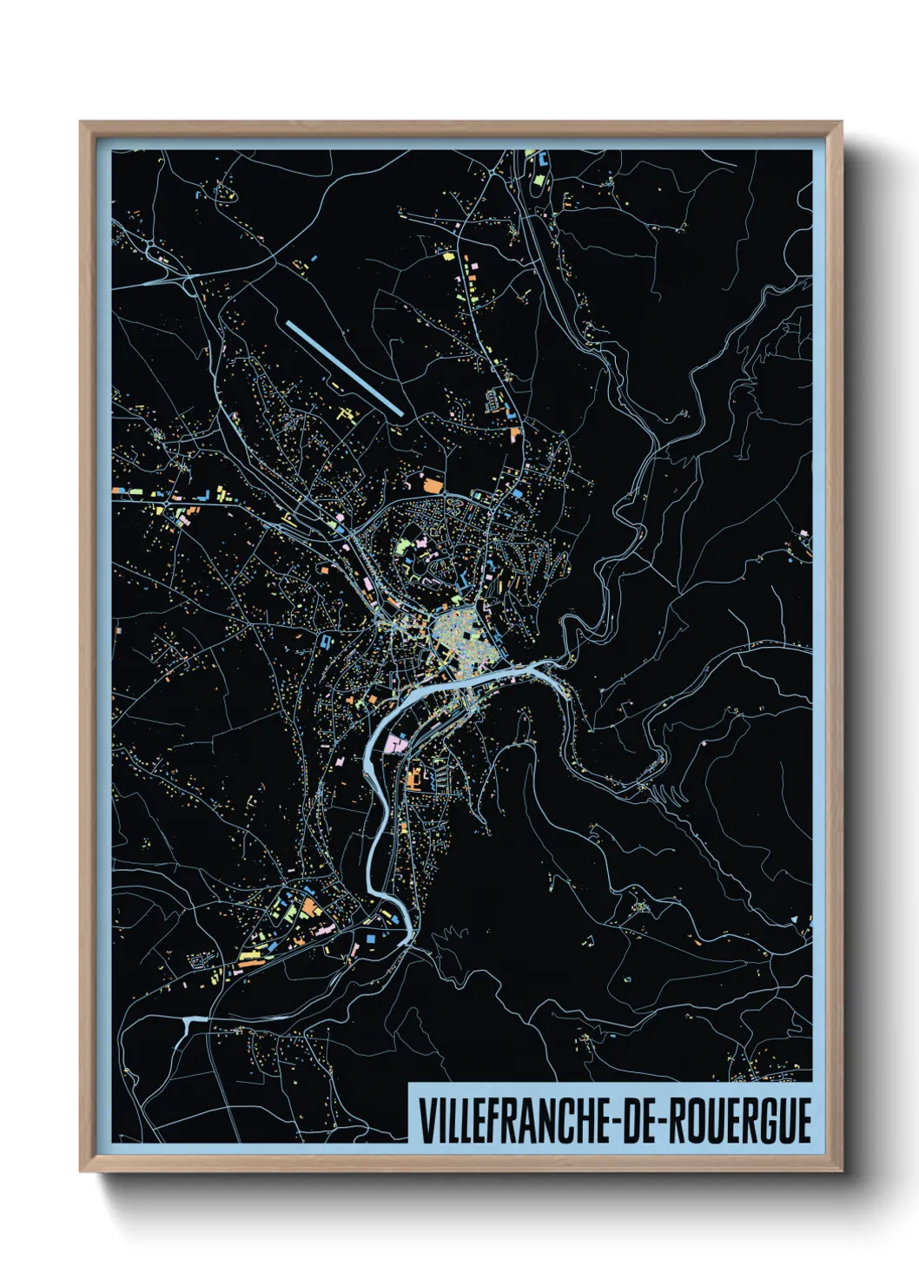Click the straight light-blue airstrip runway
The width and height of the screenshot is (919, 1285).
pyautogui.click(x=344, y=367)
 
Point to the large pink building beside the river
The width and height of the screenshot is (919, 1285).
pyautogui.click(x=396, y=742)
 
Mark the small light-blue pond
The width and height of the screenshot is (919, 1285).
pyautogui.click(x=195, y=1021)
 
